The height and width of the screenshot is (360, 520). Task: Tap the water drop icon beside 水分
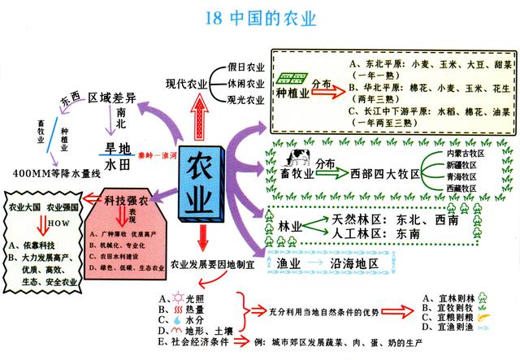tap(179, 319)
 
